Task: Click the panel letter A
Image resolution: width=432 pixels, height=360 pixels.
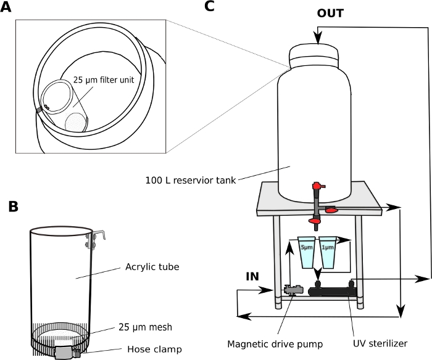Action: coord(6,7)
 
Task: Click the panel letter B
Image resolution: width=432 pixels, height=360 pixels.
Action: coord(13,207)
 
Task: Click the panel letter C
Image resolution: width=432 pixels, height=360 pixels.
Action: coord(209,6)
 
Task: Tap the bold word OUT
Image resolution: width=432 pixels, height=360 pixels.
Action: coord(330,13)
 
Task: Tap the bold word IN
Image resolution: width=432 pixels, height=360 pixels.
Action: coord(252,276)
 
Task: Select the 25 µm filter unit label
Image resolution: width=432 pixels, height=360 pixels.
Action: coord(104,80)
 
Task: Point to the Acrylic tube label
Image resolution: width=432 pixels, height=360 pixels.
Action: coord(152,267)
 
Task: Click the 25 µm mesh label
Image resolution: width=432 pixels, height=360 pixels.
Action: coord(145,327)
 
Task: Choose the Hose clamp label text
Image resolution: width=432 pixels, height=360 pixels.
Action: coord(154,350)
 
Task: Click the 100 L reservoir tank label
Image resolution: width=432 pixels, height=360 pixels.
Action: coord(191,180)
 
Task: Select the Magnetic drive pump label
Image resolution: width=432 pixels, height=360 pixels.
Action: coord(275,344)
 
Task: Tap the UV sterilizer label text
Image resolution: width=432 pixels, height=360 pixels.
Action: coord(380,343)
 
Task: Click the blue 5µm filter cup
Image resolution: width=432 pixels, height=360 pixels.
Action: coord(306,252)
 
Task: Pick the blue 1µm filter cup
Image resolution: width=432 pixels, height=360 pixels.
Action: coord(328,252)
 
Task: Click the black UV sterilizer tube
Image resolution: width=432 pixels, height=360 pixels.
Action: coord(333,290)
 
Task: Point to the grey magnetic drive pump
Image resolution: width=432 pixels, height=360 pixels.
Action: coord(294,290)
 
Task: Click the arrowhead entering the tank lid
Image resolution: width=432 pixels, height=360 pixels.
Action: coord(318,39)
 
